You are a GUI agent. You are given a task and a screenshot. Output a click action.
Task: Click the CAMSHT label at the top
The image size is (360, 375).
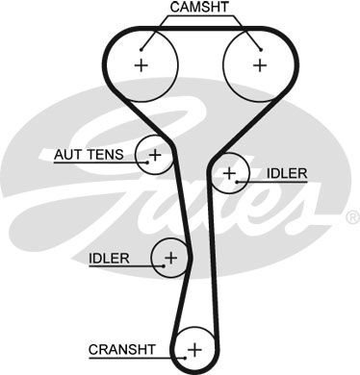click(x=199, y=8)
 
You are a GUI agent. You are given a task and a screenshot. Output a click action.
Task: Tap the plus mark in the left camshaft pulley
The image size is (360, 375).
click(x=141, y=64)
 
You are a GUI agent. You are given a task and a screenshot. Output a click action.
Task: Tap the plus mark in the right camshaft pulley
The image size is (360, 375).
click(x=259, y=64)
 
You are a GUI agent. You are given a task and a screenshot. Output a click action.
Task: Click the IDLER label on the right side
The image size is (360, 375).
click(x=288, y=173)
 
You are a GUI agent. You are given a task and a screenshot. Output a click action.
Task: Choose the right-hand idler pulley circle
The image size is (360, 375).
click(x=229, y=173)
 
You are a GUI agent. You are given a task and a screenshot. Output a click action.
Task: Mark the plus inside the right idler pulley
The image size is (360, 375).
click(x=229, y=173)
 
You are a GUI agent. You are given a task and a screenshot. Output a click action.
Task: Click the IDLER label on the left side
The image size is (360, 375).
click(x=107, y=258)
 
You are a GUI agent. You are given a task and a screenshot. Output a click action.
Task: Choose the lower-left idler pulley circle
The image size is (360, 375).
click(x=170, y=257)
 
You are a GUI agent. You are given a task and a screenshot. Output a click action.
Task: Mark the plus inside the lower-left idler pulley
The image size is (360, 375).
click(x=171, y=257)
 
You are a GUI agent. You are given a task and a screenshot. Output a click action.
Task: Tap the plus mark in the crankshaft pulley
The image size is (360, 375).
click(x=195, y=347)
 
